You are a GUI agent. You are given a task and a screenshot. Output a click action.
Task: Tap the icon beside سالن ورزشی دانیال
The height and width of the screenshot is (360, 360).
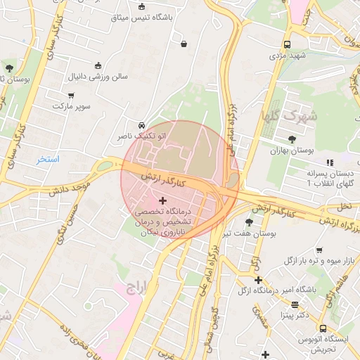[x=97, y=65]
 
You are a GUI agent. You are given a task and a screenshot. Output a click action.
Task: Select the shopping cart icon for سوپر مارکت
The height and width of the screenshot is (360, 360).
[x=71, y=95]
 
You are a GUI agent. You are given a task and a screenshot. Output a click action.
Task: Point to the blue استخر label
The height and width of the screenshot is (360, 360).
[x=49, y=160]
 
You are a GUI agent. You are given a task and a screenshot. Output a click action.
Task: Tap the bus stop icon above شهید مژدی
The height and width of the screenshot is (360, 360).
[x=287, y=43]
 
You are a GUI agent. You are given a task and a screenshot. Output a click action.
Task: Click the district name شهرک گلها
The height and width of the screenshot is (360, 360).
[x=289, y=115]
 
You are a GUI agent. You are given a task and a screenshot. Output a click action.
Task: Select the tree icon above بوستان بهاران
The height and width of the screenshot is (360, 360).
[x=292, y=139]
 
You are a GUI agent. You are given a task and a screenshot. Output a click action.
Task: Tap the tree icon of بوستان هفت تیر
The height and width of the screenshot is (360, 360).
[x=248, y=222]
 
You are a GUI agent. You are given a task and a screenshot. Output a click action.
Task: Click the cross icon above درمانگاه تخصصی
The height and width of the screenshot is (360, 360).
[x=163, y=201]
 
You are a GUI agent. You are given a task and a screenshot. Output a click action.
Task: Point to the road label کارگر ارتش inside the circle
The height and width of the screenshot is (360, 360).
[x=167, y=179]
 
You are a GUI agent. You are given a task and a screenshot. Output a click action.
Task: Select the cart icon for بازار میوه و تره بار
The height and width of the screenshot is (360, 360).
[x=319, y=250]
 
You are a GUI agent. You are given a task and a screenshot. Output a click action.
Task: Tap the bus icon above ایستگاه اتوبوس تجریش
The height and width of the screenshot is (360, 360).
[x=322, y=328]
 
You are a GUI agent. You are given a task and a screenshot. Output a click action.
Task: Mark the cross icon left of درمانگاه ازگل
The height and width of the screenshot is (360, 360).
[x=259, y=280]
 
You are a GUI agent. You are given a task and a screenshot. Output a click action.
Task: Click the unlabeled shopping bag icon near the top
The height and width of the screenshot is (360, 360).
[x=184, y=44]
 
